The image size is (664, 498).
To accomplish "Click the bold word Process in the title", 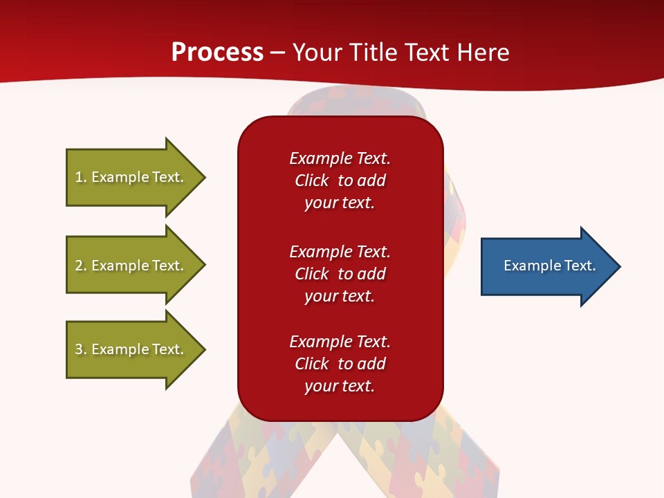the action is [x=218, y=52].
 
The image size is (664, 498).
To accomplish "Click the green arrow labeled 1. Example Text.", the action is [x=136, y=177].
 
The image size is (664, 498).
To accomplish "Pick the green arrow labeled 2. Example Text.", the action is [x=136, y=265].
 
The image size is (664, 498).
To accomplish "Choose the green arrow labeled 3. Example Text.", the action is [x=136, y=349].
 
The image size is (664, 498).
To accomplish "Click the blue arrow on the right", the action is [x=551, y=266].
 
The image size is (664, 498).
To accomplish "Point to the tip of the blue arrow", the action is [x=621, y=266].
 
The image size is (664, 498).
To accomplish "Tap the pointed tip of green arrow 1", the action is [x=206, y=177].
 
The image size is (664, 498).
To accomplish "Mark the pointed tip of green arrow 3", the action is [x=206, y=349].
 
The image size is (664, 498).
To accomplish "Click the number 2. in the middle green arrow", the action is [x=82, y=266].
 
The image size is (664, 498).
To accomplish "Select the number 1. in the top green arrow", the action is [x=82, y=177].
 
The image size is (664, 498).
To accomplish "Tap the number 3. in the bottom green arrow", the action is [x=82, y=349].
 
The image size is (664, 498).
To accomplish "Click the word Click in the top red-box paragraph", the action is [x=312, y=181].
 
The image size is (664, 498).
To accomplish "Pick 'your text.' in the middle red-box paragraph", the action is [x=340, y=296].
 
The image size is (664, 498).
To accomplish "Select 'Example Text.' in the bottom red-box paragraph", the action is [x=340, y=341].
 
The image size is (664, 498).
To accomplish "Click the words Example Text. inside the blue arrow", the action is [x=550, y=266].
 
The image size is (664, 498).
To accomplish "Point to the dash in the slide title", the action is [x=278, y=53].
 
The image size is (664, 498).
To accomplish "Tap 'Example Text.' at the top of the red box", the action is [x=340, y=158].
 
